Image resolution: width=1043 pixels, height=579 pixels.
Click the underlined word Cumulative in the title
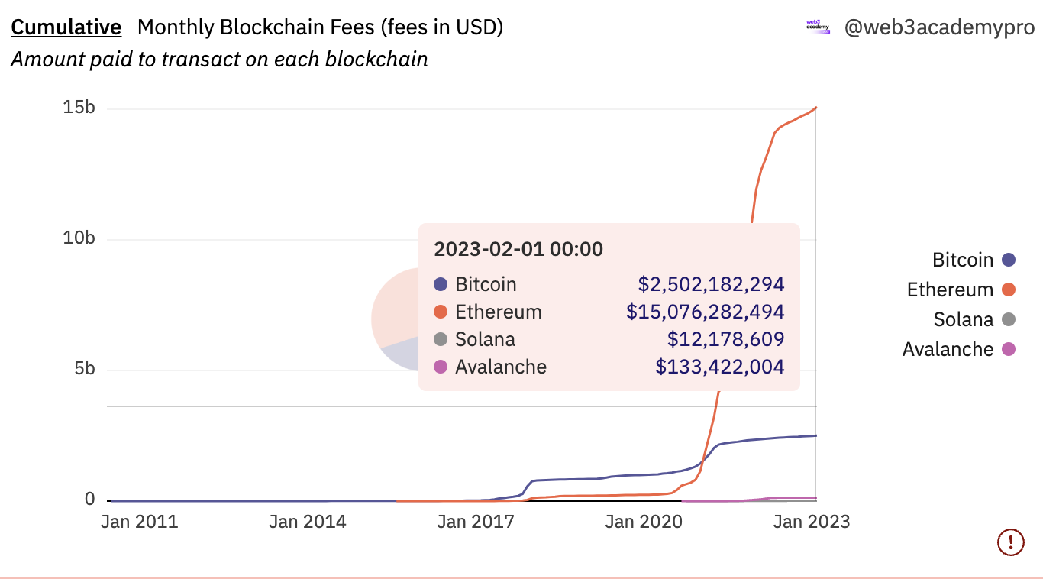pyautogui.click(x=66, y=27)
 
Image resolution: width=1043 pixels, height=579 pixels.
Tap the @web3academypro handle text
pyautogui.click(x=939, y=28)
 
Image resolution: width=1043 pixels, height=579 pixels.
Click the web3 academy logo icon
pyautogui.click(x=818, y=27)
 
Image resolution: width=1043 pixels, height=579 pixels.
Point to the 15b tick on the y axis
pyautogui.click(x=79, y=108)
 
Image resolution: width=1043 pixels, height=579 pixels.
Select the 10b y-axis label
pyautogui.click(x=79, y=238)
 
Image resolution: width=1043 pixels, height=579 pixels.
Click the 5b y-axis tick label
pyautogui.click(x=84, y=369)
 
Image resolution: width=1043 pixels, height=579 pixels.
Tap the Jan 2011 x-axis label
pyautogui.click(x=140, y=522)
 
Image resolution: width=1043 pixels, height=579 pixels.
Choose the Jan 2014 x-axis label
pyautogui.click(x=308, y=522)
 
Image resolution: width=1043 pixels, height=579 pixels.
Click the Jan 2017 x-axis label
pyautogui.click(x=476, y=522)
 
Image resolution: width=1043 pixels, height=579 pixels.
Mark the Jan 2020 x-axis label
pyautogui.click(x=644, y=522)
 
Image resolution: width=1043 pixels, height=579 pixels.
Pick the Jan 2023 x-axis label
pyautogui.click(x=812, y=522)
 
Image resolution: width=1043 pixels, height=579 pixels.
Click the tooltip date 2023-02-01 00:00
pyautogui.click(x=518, y=249)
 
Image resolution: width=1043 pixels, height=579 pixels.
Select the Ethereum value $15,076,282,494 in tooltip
pyautogui.click(x=706, y=312)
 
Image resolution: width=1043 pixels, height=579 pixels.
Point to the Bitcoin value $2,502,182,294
pyautogui.click(x=712, y=284)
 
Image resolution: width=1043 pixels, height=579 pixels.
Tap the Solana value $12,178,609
pyautogui.click(x=726, y=339)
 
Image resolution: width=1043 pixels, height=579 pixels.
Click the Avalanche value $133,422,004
pyautogui.click(x=720, y=367)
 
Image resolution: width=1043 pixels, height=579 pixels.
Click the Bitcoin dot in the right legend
pyautogui.click(x=1009, y=260)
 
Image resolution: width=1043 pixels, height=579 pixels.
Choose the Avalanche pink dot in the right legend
pyautogui.click(x=1009, y=349)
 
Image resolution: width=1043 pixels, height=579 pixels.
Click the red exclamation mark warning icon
pyautogui.click(x=1011, y=542)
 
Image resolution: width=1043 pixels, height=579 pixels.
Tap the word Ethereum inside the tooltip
pyautogui.click(x=499, y=312)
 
